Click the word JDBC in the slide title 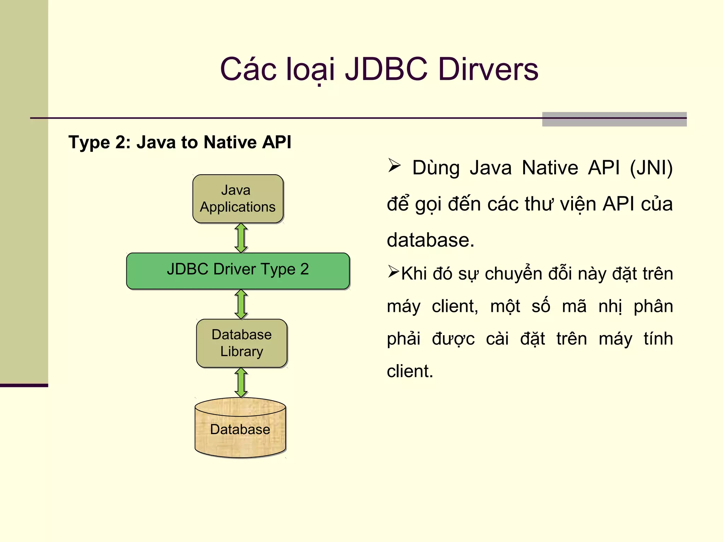click(386, 69)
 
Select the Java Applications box click(238, 199)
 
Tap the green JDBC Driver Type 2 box click(238, 271)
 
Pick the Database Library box click(242, 343)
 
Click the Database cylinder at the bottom click(240, 429)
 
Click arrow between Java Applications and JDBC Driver click(241, 238)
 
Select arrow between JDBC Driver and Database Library click(241, 304)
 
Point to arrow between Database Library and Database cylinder click(241, 382)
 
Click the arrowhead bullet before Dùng click(394, 165)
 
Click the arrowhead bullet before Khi click(393, 271)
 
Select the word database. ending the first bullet click(430, 240)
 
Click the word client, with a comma click(455, 306)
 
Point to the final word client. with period click(410, 371)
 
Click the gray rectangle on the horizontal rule click(614, 119)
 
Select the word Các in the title click(248, 69)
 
